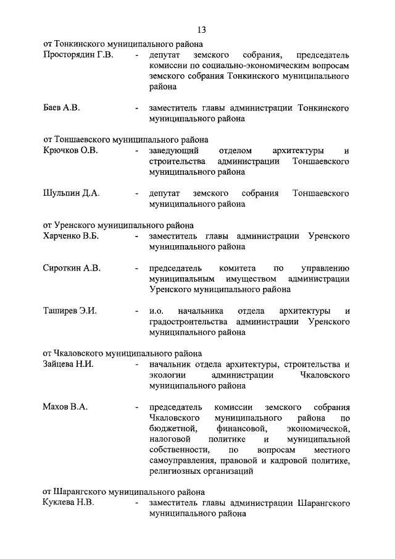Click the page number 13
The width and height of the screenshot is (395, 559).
click(201, 30)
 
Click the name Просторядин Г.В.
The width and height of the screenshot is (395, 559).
click(78, 56)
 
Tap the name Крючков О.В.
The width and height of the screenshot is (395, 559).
click(71, 150)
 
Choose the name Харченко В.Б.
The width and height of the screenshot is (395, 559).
click(72, 236)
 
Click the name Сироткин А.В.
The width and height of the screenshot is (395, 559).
click(72, 267)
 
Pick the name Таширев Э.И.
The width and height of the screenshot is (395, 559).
click(70, 310)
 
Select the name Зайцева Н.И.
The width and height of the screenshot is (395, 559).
click(69, 364)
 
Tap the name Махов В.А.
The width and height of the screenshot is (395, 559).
click(65, 406)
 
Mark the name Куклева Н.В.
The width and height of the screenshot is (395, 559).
click(69, 503)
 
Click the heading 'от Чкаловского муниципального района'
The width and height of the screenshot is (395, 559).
click(122, 354)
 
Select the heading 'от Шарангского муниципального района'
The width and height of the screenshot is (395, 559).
click(124, 492)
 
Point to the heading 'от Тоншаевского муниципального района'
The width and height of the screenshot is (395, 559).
click(125, 140)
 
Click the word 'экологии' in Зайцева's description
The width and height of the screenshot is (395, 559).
click(168, 375)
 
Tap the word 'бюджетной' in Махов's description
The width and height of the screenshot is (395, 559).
click(172, 428)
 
